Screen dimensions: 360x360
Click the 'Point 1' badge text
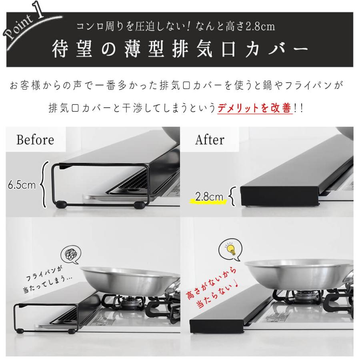tap(25, 24)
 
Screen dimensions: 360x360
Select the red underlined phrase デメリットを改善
tap(254, 108)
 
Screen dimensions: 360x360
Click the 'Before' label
tap(35, 140)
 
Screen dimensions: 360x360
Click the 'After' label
tap(210, 140)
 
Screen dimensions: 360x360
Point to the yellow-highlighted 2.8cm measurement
tap(209, 197)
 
